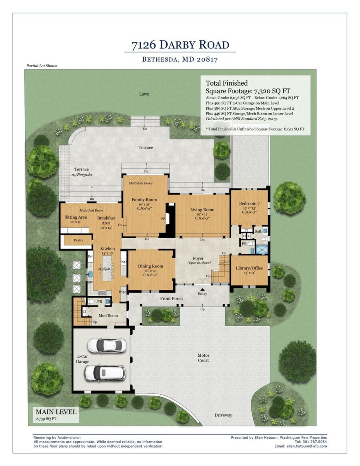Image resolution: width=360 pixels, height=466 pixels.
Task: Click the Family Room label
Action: (x=144, y=200)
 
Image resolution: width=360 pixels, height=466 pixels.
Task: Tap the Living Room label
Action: (x=202, y=209)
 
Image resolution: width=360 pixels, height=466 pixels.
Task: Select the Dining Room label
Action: (x=150, y=266)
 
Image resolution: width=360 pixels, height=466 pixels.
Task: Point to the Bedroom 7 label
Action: (x=250, y=204)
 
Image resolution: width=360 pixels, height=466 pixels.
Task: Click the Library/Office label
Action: (x=249, y=268)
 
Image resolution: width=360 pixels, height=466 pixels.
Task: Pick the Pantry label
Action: (x=78, y=240)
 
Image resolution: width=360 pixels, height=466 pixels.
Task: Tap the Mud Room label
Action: (x=108, y=315)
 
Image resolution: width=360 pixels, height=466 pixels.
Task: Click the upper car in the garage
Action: (x=106, y=345)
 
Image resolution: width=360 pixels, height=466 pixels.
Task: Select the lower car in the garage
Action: (x=105, y=373)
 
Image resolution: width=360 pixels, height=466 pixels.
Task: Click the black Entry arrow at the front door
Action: (x=202, y=289)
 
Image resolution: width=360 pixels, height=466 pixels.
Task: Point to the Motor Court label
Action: (x=204, y=358)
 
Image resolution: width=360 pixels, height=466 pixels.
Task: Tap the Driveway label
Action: (x=223, y=415)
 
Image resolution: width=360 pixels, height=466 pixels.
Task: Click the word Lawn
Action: (x=144, y=94)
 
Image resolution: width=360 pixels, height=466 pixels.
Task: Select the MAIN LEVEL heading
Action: (x=56, y=412)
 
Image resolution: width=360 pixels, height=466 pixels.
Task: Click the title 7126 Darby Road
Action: (x=180, y=44)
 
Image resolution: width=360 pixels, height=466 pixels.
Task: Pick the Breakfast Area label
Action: (x=106, y=220)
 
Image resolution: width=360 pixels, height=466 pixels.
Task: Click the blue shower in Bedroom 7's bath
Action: (x=262, y=250)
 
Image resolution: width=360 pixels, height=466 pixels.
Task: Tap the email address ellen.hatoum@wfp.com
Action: (x=306, y=446)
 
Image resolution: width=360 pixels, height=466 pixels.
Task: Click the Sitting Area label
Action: (x=76, y=217)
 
